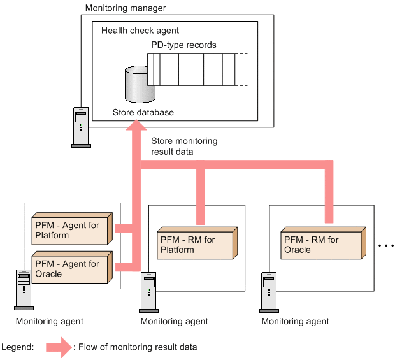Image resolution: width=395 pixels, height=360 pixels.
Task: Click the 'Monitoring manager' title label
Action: [x=126, y=8]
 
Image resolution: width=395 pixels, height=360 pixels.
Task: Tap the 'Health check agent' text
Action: [x=140, y=31]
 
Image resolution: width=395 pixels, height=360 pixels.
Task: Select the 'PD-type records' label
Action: [x=183, y=45]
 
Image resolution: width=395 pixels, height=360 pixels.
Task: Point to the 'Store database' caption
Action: [x=143, y=112]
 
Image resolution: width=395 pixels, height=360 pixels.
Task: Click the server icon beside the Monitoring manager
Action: [x=81, y=127]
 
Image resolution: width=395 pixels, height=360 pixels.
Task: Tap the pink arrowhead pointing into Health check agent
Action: [x=136, y=125]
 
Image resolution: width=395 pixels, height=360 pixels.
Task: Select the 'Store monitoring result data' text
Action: [x=184, y=147]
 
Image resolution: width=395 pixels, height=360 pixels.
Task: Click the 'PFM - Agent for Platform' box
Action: [x=72, y=229]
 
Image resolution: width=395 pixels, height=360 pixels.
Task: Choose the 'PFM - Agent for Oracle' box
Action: [x=72, y=267]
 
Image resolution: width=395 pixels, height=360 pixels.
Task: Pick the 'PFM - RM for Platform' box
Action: [x=197, y=243]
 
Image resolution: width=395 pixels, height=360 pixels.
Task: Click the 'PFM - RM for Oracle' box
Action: [x=323, y=243]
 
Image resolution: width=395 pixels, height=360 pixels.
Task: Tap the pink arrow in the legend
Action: [x=59, y=347]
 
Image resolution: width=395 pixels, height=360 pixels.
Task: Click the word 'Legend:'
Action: [x=17, y=347]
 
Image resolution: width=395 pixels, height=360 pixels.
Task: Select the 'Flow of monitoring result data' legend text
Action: [x=138, y=347]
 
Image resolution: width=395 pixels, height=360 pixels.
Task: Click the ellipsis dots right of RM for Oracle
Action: [x=386, y=245]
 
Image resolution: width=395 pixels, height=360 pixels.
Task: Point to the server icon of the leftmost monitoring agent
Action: [x=24, y=290]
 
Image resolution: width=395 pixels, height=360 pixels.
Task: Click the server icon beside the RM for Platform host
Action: [x=148, y=292]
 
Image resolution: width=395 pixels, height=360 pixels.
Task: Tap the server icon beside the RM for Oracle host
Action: [x=269, y=292]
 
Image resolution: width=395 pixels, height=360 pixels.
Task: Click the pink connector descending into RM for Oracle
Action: [x=329, y=192]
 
